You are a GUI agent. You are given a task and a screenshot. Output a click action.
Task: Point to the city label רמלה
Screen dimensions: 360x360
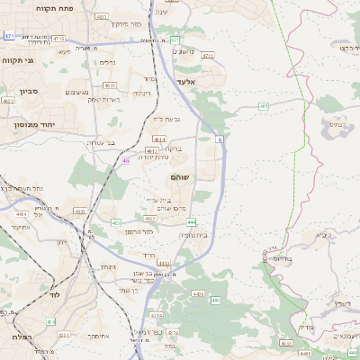point(18,336)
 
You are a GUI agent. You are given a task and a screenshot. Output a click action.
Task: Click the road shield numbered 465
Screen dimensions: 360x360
point(264,106)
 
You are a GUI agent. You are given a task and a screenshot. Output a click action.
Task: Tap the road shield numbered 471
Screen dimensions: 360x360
point(9,36)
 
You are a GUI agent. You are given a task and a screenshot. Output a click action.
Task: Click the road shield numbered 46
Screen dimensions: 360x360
point(125,160)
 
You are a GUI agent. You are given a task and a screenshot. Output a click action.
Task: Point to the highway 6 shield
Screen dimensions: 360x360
point(219,139)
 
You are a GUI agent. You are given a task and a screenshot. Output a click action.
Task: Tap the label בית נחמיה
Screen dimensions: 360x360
point(193,235)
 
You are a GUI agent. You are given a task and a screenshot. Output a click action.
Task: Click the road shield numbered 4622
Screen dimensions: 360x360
point(9,102)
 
